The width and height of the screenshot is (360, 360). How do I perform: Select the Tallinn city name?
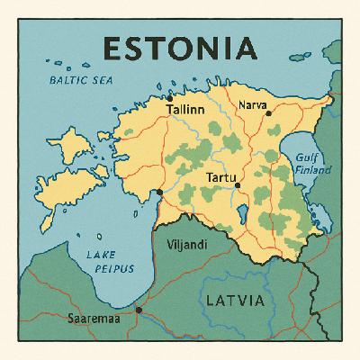point(185,110)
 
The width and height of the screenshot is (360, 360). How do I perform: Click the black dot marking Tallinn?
point(169,98)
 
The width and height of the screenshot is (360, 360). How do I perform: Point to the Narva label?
point(252,105)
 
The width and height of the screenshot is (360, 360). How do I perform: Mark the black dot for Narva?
point(268,113)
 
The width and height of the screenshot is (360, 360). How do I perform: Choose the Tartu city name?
point(220,177)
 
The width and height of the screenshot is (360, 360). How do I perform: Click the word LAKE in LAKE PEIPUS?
point(100,255)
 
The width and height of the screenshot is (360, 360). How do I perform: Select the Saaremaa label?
point(94,318)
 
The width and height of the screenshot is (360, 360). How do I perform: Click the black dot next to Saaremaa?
point(139,310)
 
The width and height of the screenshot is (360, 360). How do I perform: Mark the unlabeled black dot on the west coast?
point(159,192)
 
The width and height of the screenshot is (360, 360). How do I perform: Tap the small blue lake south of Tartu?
point(244,213)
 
